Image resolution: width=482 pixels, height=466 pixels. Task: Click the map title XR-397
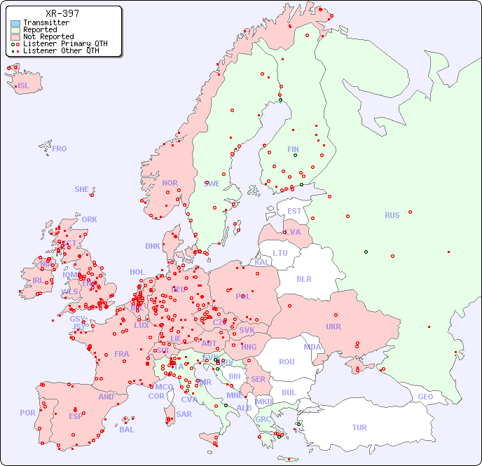pos(62,13)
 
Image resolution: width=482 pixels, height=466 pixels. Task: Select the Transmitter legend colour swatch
pos(15,23)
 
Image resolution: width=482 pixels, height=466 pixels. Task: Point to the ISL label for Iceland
pos(24,86)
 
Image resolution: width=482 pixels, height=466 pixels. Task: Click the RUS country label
pos(392,215)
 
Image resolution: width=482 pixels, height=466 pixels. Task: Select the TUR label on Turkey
pos(359,427)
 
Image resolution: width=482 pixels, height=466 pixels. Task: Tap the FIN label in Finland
pos(293,149)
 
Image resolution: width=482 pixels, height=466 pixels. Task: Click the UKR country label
pos(333,327)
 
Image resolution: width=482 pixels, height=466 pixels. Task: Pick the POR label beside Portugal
pos(27,413)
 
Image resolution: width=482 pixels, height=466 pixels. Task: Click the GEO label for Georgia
pos(425,397)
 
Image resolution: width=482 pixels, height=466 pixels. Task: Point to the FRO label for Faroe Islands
pos(59,149)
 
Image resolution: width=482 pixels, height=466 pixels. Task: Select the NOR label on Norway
pos(170,183)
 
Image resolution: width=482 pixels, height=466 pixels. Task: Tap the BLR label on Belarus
pos(303,278)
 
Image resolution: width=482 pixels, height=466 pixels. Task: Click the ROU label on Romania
pos(287,362)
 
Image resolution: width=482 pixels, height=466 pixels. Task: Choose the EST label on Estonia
pos(294,211)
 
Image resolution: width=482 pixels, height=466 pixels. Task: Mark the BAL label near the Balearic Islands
pos(126,430)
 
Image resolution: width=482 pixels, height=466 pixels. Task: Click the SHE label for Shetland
pos(81,189)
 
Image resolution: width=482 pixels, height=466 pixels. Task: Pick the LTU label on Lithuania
pos(280,253)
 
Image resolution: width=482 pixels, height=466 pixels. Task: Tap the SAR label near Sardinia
pos(184,414)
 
